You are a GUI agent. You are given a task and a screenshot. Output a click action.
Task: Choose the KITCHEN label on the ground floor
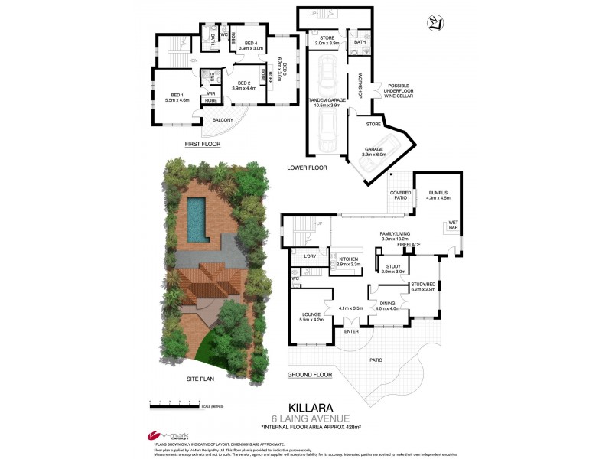pyautogui.click(x=348, y=260)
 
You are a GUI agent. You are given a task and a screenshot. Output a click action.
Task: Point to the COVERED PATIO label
pyautogui.click(x=400, y=196)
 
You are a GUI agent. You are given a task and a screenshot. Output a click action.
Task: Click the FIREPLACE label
pyautogui.click(x=420, y=245)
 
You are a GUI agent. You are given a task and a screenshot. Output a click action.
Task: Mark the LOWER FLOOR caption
pyautogui.click(x=307, y=168)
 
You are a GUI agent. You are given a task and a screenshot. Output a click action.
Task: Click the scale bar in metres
pyautogui.click(x=178, y=402)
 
